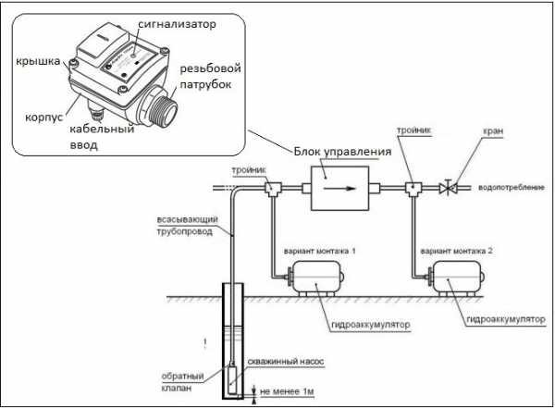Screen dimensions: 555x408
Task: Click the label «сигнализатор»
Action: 177,24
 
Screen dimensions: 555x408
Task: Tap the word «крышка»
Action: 38,61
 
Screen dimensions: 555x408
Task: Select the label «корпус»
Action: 43,117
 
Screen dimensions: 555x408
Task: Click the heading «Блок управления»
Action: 342,152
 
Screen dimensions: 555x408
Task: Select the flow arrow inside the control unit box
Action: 339,189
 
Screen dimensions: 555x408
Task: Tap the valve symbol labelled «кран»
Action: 448,188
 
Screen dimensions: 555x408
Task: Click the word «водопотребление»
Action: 512,188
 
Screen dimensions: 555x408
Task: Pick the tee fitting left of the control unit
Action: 273,189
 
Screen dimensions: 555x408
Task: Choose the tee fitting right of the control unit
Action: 413,189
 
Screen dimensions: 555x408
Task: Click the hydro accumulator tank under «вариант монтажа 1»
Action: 315,278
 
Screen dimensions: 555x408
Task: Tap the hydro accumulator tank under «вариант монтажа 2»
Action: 456,278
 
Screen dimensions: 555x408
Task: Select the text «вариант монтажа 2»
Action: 456,251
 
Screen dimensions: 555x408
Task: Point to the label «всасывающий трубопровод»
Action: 187,226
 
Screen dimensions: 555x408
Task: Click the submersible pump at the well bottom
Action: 232,381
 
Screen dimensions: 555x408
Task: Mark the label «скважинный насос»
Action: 286,362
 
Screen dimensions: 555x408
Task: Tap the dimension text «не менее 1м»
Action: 287,391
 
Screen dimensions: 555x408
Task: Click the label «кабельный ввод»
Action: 102,137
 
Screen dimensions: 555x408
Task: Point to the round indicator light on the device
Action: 133,56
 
